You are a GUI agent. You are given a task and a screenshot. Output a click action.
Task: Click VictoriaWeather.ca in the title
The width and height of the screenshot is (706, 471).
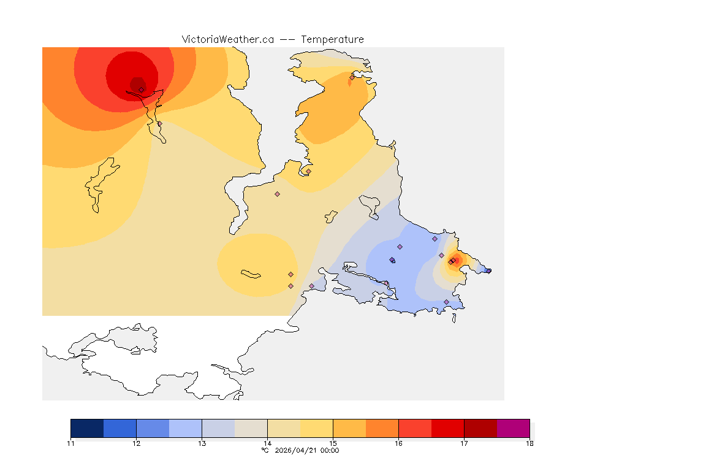click(227, 39)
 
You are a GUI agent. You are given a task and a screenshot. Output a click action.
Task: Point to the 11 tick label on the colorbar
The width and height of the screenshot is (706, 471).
click(71, 443)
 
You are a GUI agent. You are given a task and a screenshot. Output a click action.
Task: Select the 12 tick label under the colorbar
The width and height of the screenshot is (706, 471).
click(136, 443)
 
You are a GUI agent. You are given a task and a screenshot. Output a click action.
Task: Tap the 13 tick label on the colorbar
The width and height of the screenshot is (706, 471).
click(202, 443)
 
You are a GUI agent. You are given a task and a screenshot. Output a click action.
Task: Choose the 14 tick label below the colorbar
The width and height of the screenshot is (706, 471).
click(267, 443)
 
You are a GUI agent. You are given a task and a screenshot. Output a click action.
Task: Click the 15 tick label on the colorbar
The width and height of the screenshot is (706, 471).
click(333, 443)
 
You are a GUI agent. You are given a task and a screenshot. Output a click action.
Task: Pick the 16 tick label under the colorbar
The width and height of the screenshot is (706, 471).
click(398, 443)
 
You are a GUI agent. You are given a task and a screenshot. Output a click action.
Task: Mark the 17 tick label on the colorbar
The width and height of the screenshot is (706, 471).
click(464, 443)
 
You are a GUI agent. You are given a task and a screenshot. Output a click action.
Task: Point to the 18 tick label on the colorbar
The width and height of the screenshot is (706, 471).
click(529, 443)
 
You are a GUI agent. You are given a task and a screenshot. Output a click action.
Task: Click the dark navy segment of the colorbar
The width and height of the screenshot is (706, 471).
click(87, 428)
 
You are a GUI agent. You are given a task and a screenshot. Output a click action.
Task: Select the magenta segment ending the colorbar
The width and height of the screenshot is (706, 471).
click(513, 428)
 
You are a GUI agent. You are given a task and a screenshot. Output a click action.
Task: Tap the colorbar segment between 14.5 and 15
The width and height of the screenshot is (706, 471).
click(316, 428)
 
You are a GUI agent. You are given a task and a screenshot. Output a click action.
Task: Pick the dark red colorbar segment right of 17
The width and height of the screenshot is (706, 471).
click(480, 428)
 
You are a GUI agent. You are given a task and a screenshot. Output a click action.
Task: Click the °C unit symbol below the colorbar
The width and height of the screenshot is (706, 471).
click(265, 451)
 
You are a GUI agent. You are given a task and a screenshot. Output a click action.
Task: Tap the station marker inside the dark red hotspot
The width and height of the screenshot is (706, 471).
click(141, 90)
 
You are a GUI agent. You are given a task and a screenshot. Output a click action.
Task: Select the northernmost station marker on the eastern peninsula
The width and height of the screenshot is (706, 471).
click(352, 77)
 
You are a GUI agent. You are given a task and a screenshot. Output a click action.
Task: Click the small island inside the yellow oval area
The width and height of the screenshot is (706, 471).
click(251, 274)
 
